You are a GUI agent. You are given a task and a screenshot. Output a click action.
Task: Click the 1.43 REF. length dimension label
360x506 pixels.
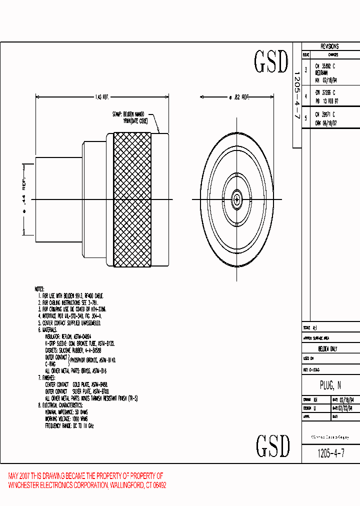tap(102, 98)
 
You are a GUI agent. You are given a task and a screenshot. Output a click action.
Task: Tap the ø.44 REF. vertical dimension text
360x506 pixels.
tap(23, 196)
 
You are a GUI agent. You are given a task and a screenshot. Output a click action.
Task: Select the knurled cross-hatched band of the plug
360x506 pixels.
tap(132, 200)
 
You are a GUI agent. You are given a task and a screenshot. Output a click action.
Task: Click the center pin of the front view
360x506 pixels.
tap(236, 200)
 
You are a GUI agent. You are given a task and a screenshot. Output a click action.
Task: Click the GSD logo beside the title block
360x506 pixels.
tap(272, 446)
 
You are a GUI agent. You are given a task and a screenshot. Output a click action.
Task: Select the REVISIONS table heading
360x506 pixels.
tap(329, 46)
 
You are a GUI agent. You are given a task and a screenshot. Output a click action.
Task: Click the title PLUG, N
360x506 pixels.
tap(330, 386)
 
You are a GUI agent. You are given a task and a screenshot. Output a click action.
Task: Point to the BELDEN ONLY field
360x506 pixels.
tap(327, 349)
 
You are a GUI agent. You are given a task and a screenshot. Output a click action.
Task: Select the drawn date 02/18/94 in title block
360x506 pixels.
tap(348, 400)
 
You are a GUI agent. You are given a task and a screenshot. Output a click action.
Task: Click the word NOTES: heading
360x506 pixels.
tap(39, 289)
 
